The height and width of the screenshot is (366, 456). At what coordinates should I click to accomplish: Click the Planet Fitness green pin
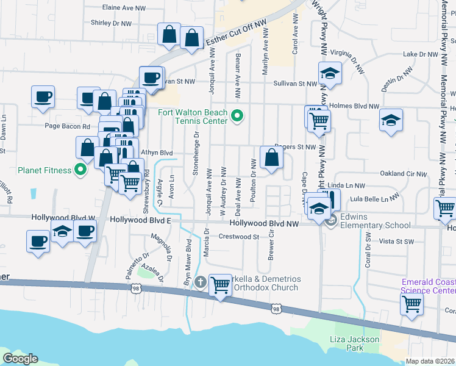tap(79, 170)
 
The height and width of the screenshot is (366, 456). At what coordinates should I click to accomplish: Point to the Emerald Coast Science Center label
tap(428, 285)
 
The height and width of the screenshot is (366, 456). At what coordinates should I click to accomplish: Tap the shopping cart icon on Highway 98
tap(220, 284)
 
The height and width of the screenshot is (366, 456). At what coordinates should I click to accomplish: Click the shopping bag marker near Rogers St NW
tap(271, 157)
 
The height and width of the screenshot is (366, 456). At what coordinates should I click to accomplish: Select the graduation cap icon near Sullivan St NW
tap(330, 73)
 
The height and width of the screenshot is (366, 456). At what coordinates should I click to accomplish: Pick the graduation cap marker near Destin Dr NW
tap(391, 120)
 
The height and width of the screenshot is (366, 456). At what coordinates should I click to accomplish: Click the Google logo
tap(20, 358)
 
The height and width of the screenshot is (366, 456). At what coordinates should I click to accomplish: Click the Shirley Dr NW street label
tap(111, 23)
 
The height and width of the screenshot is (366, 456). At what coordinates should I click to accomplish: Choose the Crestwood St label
tap(239, 237)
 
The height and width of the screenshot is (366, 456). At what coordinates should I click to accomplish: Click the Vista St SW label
tap(397, 242)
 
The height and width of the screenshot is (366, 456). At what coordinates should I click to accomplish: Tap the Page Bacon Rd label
tap(68, 126)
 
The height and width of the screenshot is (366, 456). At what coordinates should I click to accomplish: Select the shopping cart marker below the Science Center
tap(411, 304)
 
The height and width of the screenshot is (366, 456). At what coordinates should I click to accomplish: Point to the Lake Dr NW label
tap(421, 54)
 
